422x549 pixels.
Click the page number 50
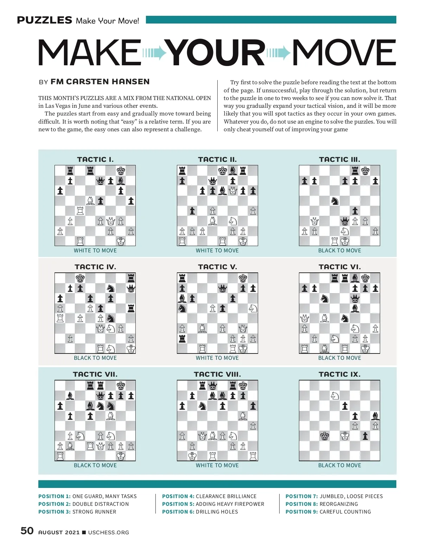[x=27, y=531]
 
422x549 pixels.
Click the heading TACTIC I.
[x=95, y=159]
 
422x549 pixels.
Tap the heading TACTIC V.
[x=217, y=267]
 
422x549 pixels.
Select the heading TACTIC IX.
[x=339, y=374]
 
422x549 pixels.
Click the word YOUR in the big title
[x=215, y=53]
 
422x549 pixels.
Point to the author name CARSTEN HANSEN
[x=100, y=82]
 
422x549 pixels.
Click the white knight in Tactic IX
[x=335, y=396]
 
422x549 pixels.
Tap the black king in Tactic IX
[x=325, y=436]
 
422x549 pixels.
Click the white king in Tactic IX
[x=345, y=436]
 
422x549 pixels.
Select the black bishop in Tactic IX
[x=375, y=416]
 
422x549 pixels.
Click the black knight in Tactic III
[x=335, y=201]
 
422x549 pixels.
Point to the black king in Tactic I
[x=121, y=171]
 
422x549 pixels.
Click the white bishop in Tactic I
[x=90, y=201]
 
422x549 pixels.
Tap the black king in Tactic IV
[x=80, y=278]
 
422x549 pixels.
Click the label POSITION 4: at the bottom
[x=178, y=496]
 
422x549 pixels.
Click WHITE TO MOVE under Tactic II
[x=217, y=251]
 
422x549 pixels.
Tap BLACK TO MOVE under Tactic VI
[x=339, y=358]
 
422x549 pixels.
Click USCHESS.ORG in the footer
[x=108, y=533]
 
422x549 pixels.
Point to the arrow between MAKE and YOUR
[x=154, y=53]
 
